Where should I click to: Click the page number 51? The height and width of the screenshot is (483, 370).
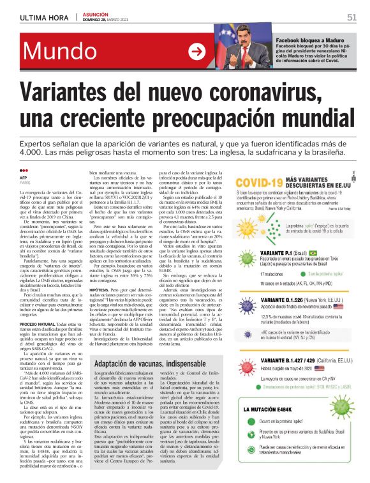pos(351,17)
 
